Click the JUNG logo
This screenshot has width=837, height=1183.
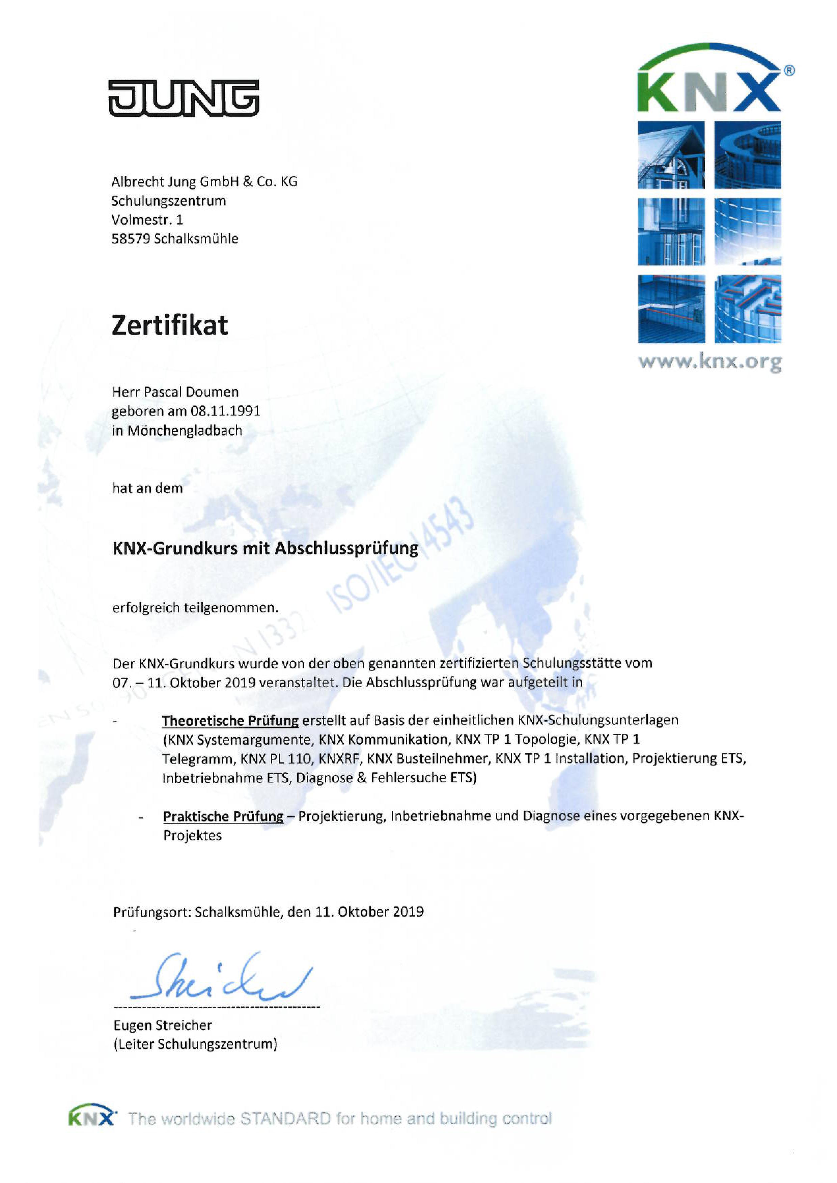184,98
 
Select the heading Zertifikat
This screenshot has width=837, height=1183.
170,326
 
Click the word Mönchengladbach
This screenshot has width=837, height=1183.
185,431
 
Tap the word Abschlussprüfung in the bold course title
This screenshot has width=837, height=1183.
346,548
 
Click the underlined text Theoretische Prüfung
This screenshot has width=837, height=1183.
230,720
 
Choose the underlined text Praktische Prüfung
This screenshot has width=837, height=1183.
223,816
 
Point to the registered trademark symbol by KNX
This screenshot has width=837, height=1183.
789,70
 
